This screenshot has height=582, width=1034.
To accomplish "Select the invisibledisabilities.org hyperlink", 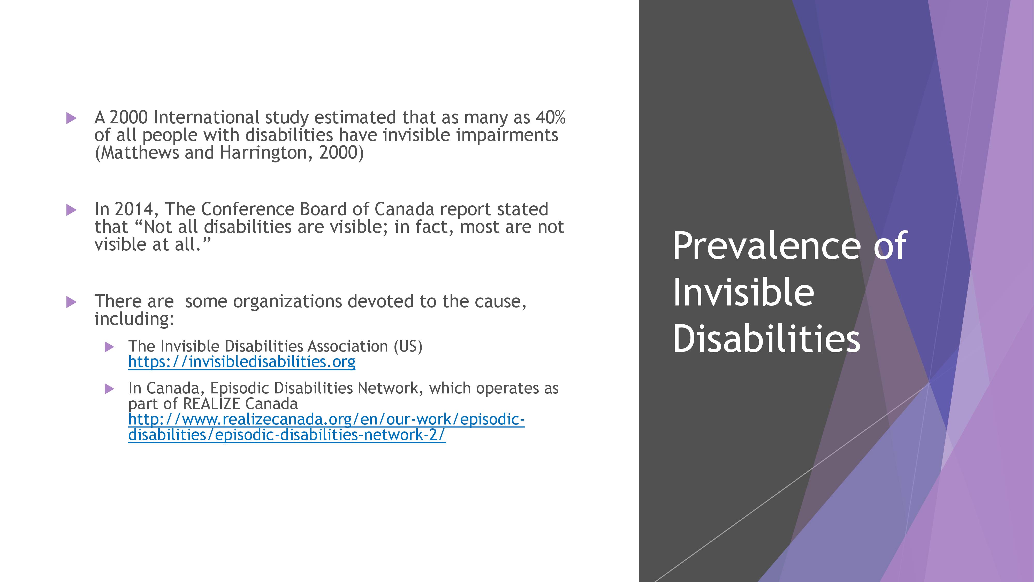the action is [242, 362].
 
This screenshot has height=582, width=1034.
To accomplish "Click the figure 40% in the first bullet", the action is [551, 117].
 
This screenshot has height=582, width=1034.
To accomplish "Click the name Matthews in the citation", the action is [136, 153].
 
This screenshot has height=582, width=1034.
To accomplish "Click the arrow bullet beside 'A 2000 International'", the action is [71, 118].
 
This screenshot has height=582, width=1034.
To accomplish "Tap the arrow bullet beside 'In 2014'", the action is [71, 210].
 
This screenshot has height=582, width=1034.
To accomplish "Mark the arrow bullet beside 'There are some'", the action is [71, 302].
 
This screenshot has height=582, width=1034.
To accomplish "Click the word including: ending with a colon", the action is [134, 319].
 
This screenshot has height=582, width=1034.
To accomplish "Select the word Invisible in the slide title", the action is [743, 292].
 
